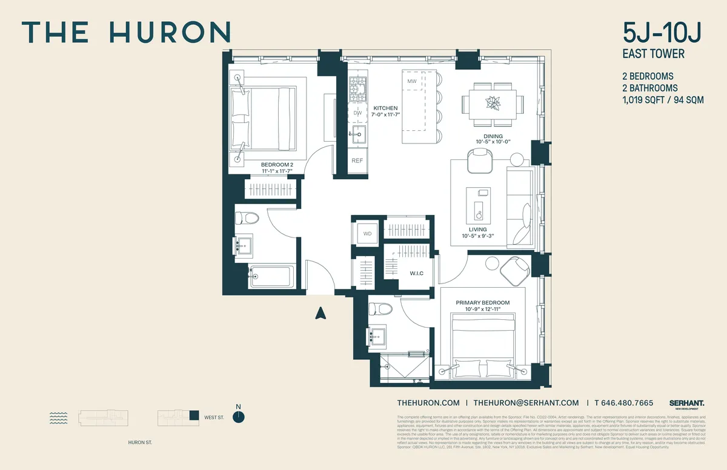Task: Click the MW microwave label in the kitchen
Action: pos(412,81)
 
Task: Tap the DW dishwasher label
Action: pos(357,113)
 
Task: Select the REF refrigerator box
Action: pos(357,161)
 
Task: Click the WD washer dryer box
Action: pos(367,233)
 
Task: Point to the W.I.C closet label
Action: pos(417,273)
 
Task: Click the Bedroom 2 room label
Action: pos(277,164)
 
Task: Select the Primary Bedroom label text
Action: pos(483,303)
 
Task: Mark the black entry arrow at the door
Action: pos(321,313)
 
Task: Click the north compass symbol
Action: pos(240,416)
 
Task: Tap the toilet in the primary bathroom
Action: pos(381,309)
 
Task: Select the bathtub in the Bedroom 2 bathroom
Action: pos(273,277)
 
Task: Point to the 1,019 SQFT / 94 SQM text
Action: pos(663,100)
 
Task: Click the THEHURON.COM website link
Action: pos(428,403)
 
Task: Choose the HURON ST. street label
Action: pos(141,443)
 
